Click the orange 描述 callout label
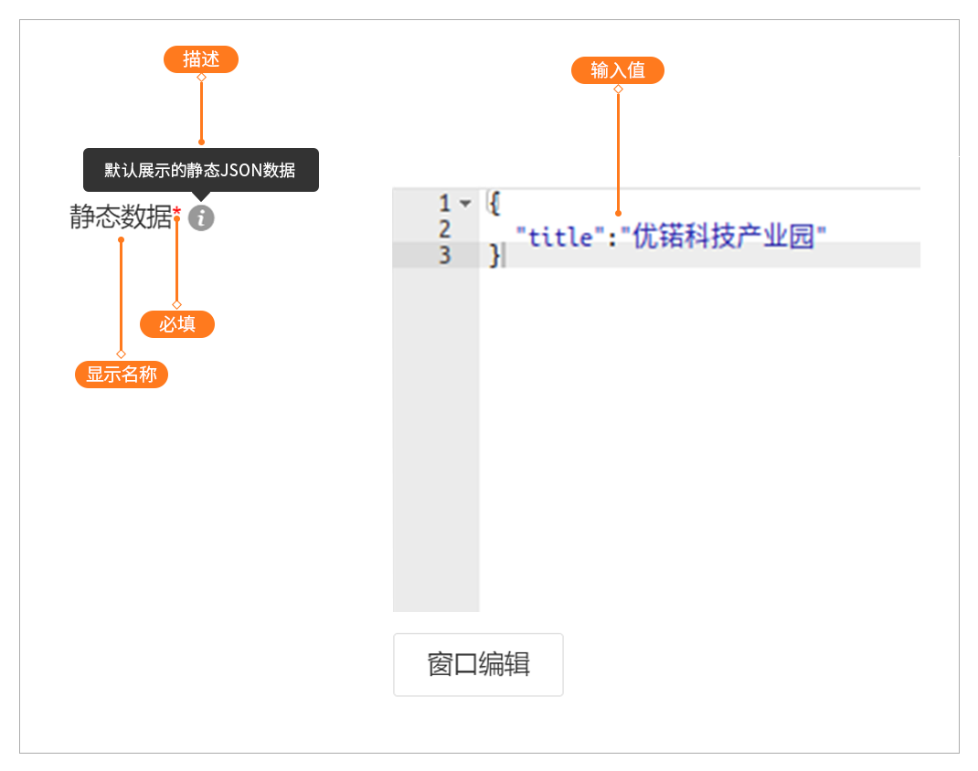(201, 60)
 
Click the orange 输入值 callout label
(618, 71)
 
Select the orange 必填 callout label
(176, 324)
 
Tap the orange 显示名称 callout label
(122, 375)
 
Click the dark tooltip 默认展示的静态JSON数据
(200, 170)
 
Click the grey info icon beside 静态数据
(202, 218)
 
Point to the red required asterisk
(177, 214)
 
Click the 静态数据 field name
(121, 217)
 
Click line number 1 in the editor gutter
(445, 203)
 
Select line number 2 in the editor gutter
(445, 228)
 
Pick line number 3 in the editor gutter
(445, 255)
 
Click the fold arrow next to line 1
(465, 203)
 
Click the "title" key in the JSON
(555, 238)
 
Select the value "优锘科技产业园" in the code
(723, 238)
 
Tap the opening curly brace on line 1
(494, 203)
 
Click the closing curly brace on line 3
(494, 256)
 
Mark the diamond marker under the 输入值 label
(618, 89)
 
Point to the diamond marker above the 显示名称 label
(121, 354)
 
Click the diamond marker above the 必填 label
(176, 304)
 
